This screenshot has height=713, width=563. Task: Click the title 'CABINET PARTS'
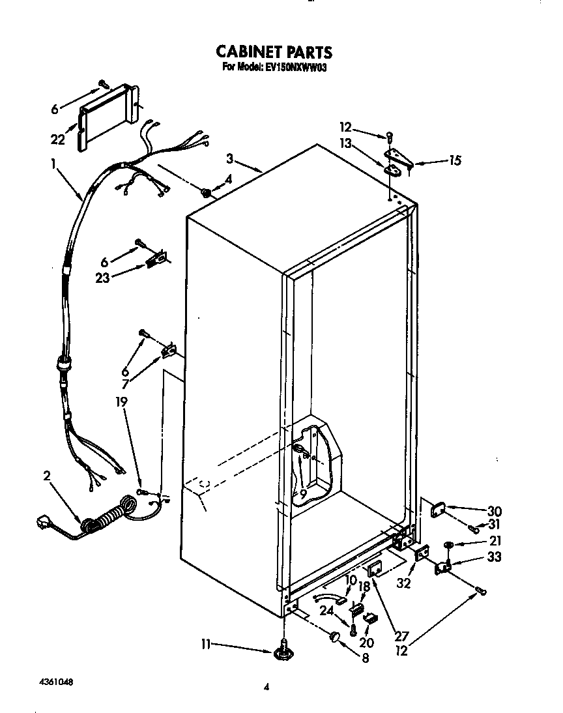click(x=273, y=52)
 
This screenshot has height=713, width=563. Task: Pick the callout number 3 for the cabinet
click(x=229, y=158)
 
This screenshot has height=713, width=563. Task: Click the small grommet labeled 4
click(x=206, y=192)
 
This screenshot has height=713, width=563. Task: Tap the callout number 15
click(x=454, y=160)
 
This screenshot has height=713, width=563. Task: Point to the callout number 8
click(x=364, y=658)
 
